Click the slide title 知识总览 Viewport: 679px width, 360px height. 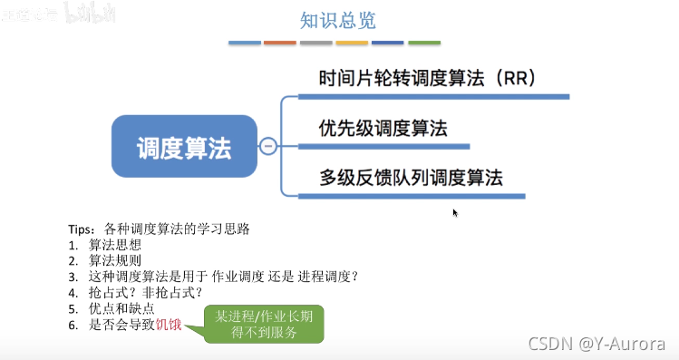click(337, 19)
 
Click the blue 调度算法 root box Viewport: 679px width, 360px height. click(184, 146)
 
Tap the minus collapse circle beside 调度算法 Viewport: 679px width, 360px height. click(268, 146)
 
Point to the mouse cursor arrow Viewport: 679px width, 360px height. click(455, 212)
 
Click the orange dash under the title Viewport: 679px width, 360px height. click(280, 43)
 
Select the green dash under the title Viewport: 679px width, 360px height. click(424, 43)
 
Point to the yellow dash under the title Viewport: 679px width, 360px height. click(352, 43)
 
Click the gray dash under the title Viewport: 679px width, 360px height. click(316, 43)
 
